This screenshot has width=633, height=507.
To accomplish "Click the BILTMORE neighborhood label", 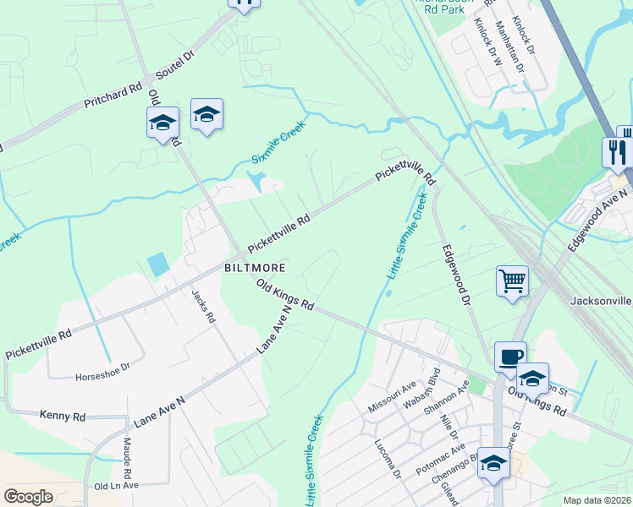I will pos(254,267).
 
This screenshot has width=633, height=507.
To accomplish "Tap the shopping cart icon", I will pos(512,280).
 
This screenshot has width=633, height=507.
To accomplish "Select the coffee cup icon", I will pos(509,357).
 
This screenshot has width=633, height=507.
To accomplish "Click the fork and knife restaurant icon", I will pos(616,151).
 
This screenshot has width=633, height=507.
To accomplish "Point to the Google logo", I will pos(28,496).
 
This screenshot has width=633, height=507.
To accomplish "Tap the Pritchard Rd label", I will pos(113,95).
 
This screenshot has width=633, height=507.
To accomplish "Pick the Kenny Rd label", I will pos(63,416).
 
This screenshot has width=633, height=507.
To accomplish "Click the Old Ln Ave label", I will pos(116,486).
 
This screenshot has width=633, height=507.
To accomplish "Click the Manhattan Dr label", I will pos(507,43).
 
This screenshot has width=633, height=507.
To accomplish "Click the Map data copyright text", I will pos(597,500).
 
